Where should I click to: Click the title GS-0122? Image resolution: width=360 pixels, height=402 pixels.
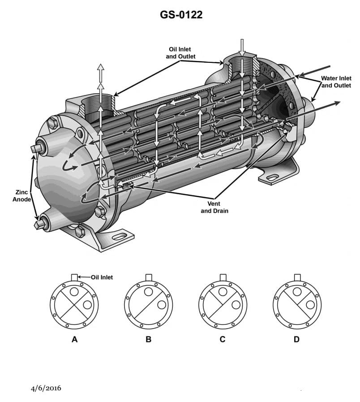pyautogui.click(x=181, y=15)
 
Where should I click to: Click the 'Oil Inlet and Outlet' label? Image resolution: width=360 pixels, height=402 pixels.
pyautogui.click(x=180, y=53)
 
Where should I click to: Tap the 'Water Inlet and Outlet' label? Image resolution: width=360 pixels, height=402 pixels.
pyautogui.click(x=336, y=82)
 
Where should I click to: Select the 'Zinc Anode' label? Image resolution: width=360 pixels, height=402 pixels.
pyautogui.click(x=21, y=196)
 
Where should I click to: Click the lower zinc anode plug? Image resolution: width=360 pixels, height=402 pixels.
pyautogui.click(x=43, y=221)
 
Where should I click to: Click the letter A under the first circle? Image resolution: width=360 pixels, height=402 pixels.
pyautogui.click(x=74, y=339)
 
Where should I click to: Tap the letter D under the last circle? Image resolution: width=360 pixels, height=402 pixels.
pyautogui.click(x=296, y=339)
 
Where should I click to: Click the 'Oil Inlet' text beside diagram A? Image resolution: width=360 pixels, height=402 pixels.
pyautogui.click(x=102, y=277)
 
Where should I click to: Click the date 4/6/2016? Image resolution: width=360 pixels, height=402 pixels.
pyautogui.click(x=46, y=388)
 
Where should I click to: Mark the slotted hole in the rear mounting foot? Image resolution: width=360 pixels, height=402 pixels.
pyautogui.click(x=272, y=178)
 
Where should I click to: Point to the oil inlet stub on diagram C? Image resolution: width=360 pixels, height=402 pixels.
pyautogui.click(x=223, y=277)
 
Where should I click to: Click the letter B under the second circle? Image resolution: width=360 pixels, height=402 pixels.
pyautogui.click(x=149, y=339)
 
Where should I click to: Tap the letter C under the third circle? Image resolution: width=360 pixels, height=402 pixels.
pyautogui.click(x=223, y=339)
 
